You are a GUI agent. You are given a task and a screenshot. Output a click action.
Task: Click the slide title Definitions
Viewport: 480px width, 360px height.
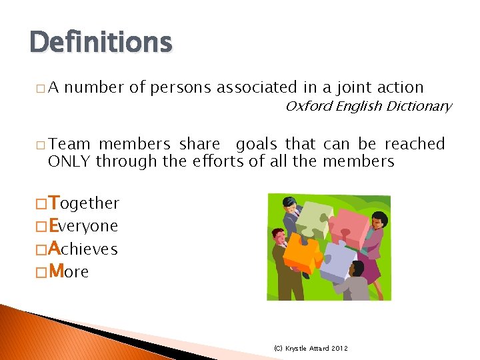(x=101, y=42)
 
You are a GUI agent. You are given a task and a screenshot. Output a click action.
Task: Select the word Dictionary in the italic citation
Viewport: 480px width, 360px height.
(x=421, y=106)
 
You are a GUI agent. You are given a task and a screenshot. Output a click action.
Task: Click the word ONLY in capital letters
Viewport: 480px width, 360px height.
(x=70, y=161)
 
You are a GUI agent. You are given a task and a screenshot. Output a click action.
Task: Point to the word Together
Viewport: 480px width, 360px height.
(x=85, y=203)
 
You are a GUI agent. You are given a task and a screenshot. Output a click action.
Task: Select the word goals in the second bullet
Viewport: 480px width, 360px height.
(x=258, y=144)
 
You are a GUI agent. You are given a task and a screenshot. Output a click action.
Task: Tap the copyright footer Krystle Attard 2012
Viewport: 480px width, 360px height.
(x=311, y=348)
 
